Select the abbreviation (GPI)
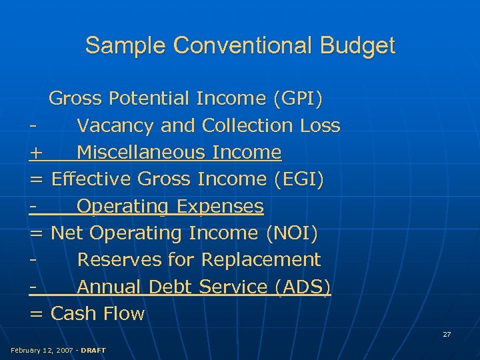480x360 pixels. point(297,99)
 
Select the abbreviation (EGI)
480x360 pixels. point(299,179)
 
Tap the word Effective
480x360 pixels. point(91,179)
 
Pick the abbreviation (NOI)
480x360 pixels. point(291,233)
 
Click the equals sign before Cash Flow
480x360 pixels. point(36,313)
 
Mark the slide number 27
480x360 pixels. point(447,334)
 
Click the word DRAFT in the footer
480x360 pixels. point(93,350)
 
